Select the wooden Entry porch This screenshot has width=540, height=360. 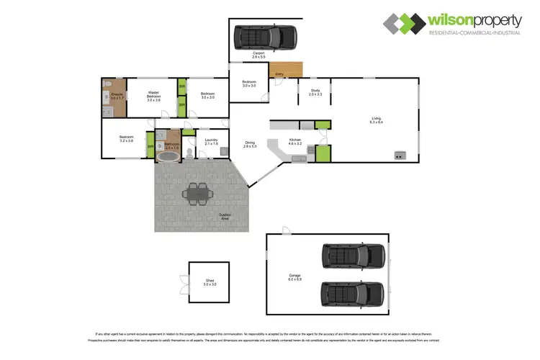(287, 70)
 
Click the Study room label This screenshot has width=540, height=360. (315, 93)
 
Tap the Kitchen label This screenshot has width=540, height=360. (295, 142)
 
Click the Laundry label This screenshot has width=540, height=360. (211, 142)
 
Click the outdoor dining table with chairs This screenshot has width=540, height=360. (197, 192)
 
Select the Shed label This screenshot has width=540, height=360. (210, 283)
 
